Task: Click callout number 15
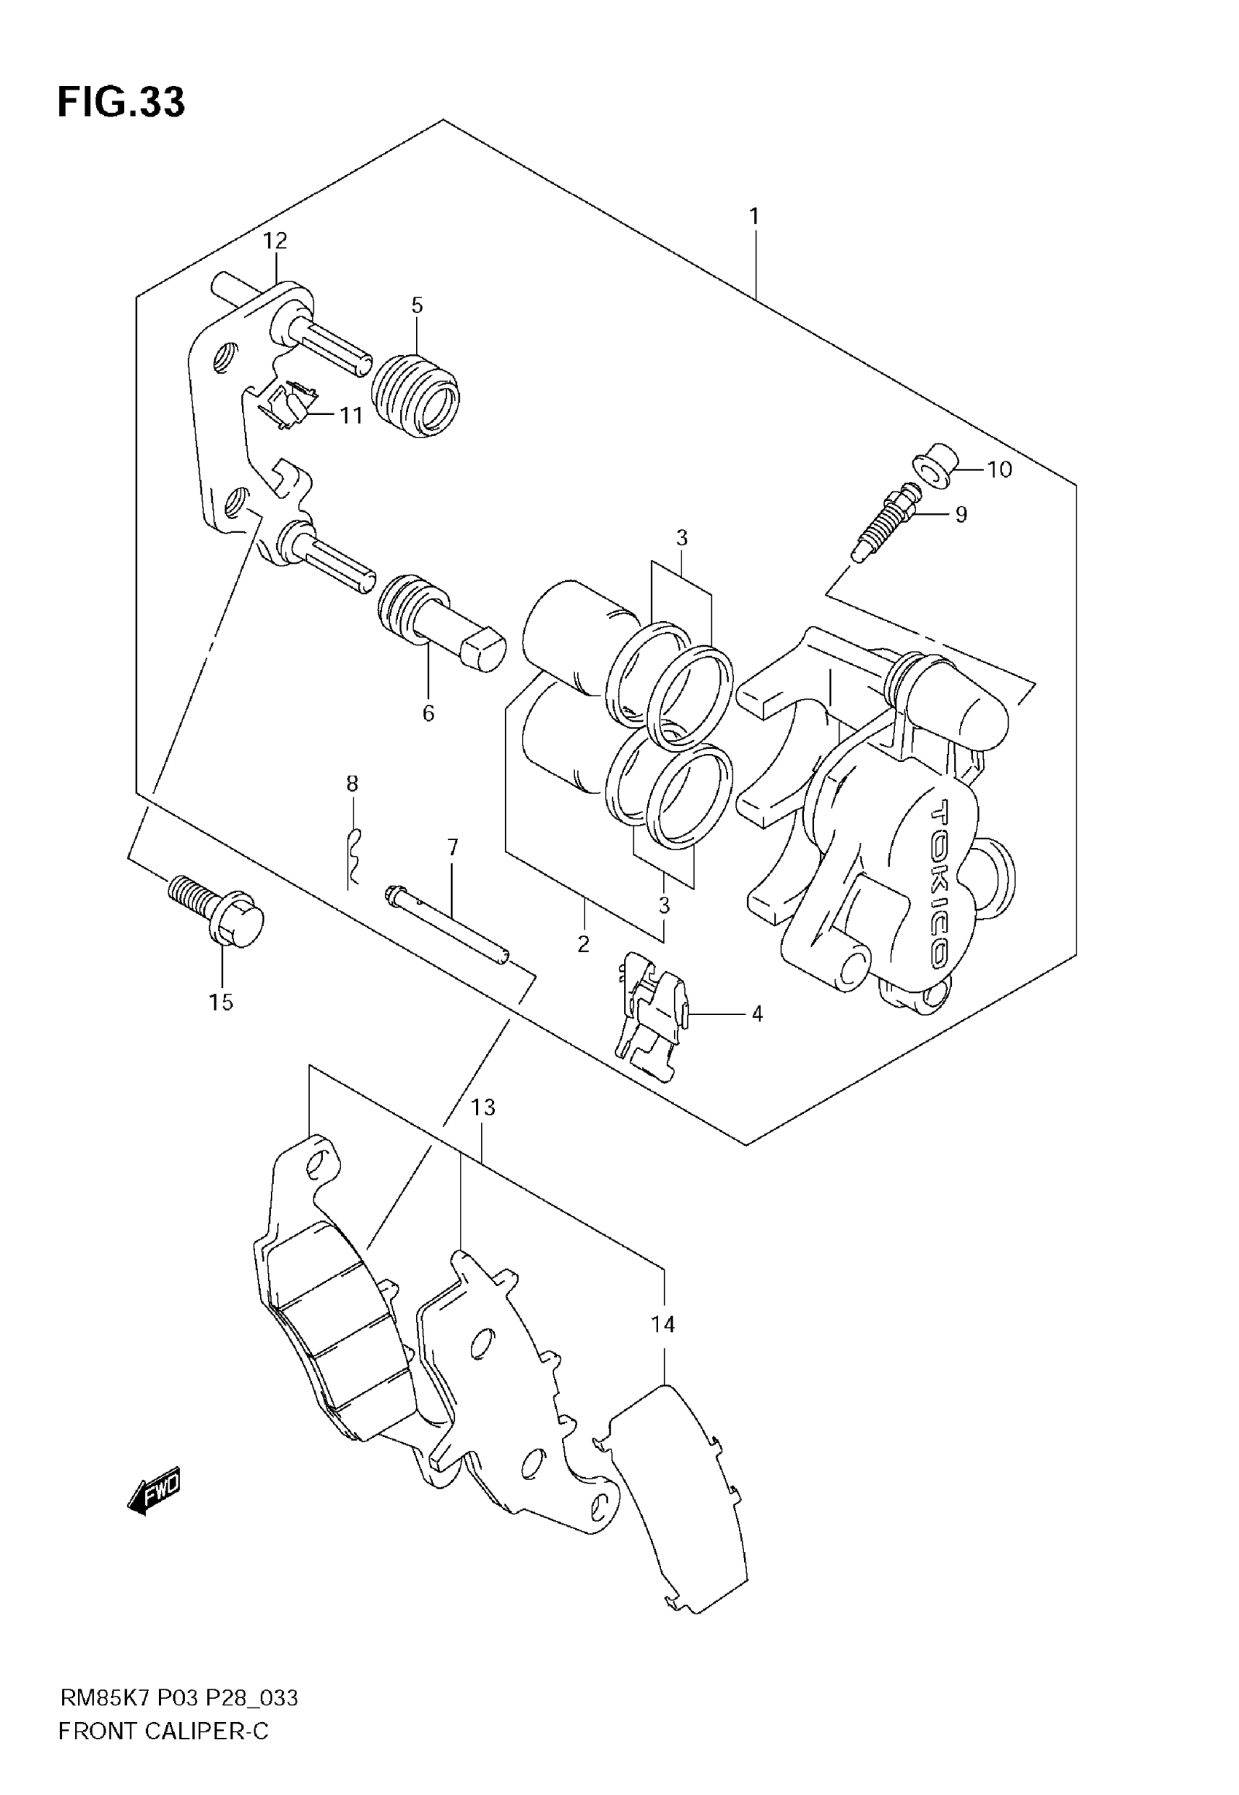(x=221, y=1002)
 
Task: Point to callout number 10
(x=999, y=469)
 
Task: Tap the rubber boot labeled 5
(x=415, y=394)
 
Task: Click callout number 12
(x=275, y=241)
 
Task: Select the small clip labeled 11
(x=289, y=404)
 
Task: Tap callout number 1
(x=753, y=216)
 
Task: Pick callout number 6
(x=428, y=713)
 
